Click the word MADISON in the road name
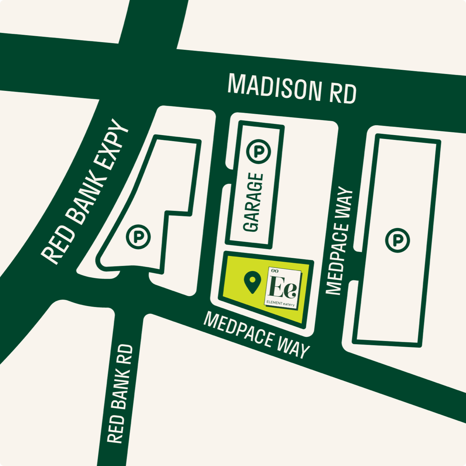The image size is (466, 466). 274,88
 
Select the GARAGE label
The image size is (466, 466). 253,202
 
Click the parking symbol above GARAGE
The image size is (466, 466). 259,151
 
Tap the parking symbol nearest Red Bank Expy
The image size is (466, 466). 138,237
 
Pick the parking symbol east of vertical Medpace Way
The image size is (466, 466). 397,240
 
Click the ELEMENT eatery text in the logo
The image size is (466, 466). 280,303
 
